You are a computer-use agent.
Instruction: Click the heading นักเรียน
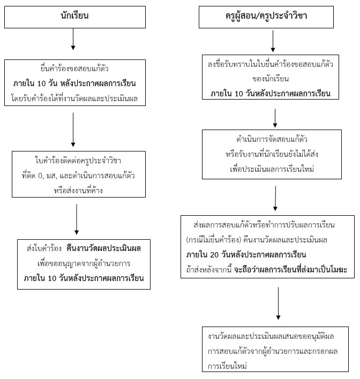pyautogui.click(x=74, y=16)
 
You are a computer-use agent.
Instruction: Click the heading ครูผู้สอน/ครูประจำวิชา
pyautogui.click(x=266, y=16)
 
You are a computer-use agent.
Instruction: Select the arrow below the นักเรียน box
pyautogui.click(x=73, y=39)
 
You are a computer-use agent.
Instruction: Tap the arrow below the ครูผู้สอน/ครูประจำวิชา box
pyautogui.click(x=273, y=41)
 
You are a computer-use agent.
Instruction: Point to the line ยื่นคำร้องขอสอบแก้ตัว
pyautogui.click(x=74, y=69)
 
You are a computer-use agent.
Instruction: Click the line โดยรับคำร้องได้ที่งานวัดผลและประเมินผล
pyautogui.click(x=74, y=98)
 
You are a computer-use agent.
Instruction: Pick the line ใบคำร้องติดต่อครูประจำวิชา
pyautogui.click(x=78, y=161)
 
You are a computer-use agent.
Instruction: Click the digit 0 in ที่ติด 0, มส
pyautogui.click(x=40, y=176)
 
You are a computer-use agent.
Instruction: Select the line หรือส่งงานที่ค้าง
pyautogui.click(x=78, y=191)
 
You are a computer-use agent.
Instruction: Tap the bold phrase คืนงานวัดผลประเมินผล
pyautogui.click(x=103, y=248)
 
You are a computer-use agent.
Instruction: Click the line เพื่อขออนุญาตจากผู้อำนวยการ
pyautogui.click(x=84, y=263)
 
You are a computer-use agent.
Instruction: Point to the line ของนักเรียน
pyautogui.click(x=271, y=79)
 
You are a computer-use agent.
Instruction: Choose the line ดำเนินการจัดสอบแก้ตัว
pyautogui.click(x=272, y=139)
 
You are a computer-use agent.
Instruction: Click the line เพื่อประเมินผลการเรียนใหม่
pyautogui.click(x=272, y=169)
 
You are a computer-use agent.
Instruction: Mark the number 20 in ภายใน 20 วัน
pyautogui.click(x=214, y=255)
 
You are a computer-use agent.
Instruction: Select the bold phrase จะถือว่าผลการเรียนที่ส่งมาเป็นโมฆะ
pyautogui.click(x=290, y=269)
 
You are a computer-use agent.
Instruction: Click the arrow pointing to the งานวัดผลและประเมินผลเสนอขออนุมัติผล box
pyautogui.click(x=278, y=304)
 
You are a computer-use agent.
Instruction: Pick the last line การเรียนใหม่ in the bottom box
pyautogui.click(x=227, y=366)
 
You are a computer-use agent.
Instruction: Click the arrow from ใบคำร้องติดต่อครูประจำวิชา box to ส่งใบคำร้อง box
pyautogui.click(x=77, y=219)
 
